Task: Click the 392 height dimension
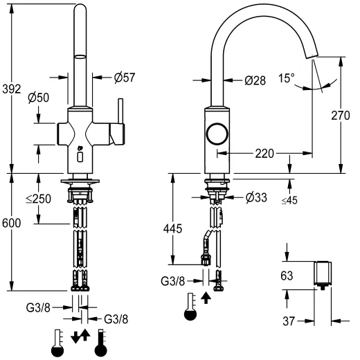click(x=12, y=89)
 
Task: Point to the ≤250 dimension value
click(x=39, y=199)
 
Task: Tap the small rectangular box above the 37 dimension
click(x=323, y=273)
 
